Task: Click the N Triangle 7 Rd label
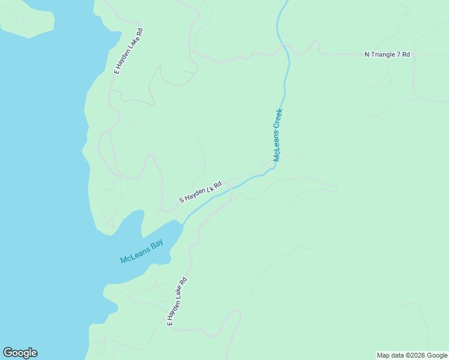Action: tap(387, 55)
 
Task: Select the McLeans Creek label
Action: tap(278, 135)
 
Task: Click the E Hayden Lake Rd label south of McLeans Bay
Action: tap(178, 301)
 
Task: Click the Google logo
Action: tap(20, 353)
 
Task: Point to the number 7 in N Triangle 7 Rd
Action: tap(398, 55)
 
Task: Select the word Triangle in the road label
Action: tap(382, 55)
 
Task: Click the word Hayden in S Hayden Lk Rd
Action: tap(194, 194)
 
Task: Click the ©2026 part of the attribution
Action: tap(417, 355)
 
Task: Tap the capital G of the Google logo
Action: tap(8, 353)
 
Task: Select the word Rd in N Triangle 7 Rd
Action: tap(406, 55)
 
